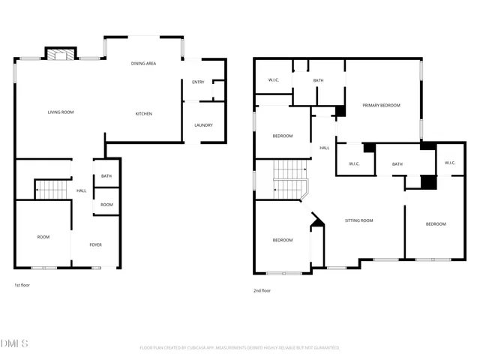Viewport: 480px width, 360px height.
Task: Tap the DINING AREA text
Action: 143,64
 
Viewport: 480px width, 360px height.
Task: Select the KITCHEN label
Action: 143,114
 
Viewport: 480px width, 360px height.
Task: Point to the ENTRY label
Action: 198,82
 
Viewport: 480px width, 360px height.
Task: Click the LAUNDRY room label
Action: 202,125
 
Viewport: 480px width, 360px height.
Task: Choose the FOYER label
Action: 96,244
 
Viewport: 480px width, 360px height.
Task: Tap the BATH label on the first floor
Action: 106,176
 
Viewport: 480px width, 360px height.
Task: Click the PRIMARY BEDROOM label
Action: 381,106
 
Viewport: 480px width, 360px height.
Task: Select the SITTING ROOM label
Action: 358,220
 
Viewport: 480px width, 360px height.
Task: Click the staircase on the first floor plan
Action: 52,189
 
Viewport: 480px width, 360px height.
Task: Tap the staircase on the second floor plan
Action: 289,180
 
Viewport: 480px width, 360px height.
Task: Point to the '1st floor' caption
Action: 22,285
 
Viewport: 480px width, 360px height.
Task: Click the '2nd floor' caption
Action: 262,290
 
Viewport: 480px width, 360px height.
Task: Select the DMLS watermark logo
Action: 16,343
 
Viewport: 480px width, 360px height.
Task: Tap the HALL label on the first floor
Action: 81,190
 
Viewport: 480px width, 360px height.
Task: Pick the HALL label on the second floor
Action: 324,148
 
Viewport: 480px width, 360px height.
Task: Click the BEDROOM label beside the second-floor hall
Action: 282,136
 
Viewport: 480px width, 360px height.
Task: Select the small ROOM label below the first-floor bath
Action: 106,205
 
